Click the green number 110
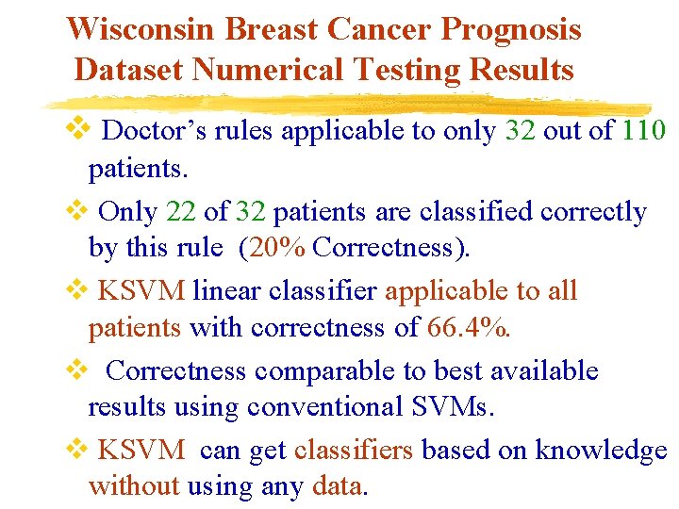(644, 130)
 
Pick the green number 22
(180, 212)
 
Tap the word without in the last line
(133, 486)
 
